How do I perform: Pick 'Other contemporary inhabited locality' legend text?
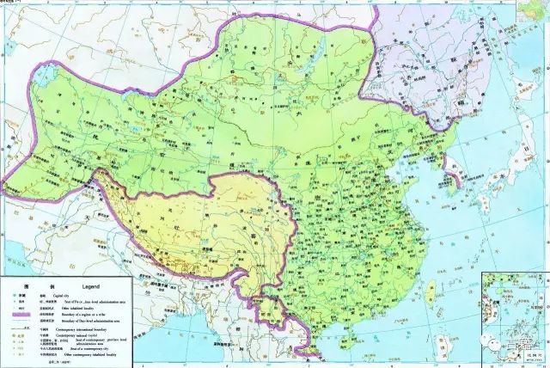(91, 353)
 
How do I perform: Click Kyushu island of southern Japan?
(486, 212)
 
